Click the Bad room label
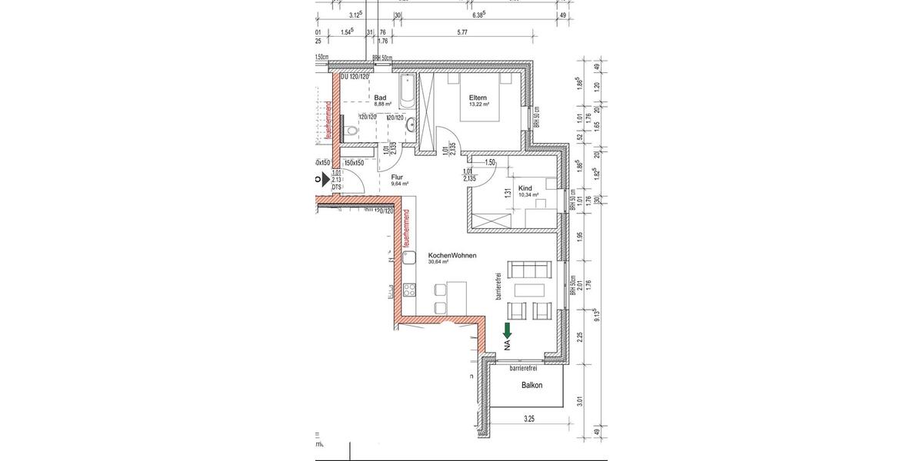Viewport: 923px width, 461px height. [x=380, y=98]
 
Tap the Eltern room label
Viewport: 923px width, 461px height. [x=479, y=98]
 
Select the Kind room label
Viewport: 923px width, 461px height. [x=526, y=187]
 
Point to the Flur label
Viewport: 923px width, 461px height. [x=397, y=177]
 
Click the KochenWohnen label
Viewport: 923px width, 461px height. [x=429, y=254]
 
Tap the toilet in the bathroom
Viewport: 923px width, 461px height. [x=351, y=131]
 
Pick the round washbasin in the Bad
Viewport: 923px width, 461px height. [x=412, y=123]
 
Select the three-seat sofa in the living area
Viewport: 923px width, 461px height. [x=531, y=270]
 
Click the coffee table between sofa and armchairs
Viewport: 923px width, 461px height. [x=531, y=291]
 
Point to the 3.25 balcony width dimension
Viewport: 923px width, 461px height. [x=528, y=420]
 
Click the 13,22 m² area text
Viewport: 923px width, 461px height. [x=480, y=104]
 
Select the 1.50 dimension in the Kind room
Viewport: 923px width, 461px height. [x=489, y=162]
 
